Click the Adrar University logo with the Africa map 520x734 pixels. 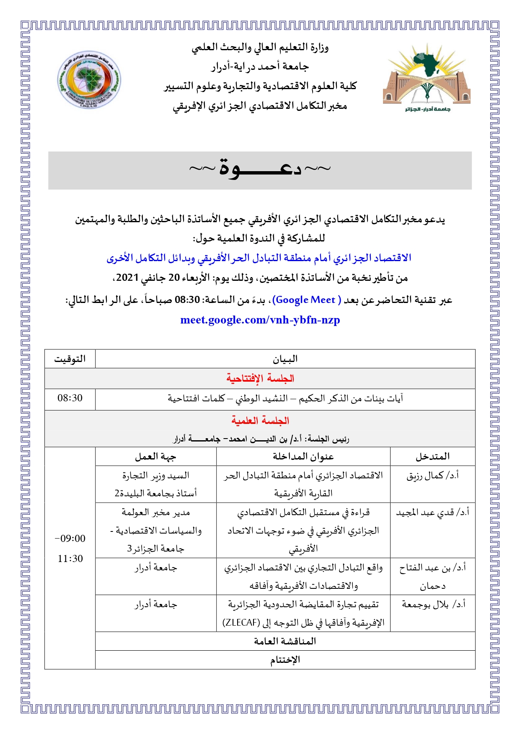(x=427, y=80)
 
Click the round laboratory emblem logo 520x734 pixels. (x=89, y=80)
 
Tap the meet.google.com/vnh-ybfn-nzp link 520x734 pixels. (x=260, y=320)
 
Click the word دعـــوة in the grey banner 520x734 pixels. (x=260, y=169)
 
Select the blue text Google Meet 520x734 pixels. (x=305, y=300)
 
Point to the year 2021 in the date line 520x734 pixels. (x=127, y=278)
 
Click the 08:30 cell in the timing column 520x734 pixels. (x=70, y=398)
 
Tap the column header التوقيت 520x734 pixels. (x=70, y=359)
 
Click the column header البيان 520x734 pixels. (x=285, y=359)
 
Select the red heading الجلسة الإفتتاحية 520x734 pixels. (x=260, y=379)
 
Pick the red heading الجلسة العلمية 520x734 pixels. (x=260, y=421)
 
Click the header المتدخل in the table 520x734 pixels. (x=432, y=457)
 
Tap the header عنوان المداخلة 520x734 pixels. (x=303, y=457)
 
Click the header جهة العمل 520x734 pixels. (x=155, y=457)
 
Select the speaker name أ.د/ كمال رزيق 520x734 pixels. (x=432, y=476)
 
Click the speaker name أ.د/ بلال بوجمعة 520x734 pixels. (x=434, y=605)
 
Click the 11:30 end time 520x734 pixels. (x=70, y=559)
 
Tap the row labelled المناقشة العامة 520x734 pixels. (x=285, y=641)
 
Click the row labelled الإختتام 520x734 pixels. (x=285, y=660)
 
